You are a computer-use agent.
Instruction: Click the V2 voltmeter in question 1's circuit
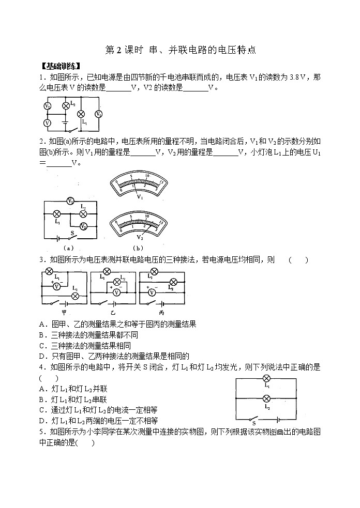tap(47, 105)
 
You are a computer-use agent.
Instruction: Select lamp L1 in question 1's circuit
tap(81, 114)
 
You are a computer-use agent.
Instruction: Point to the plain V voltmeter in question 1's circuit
tap(47, 123)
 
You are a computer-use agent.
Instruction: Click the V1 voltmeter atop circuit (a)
tap(71, 201)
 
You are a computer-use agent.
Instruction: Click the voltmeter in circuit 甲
tap(58, 285)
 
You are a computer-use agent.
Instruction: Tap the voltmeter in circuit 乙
tap(116, 292)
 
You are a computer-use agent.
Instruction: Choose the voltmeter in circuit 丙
tap(152, 292)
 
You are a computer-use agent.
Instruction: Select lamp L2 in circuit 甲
tap(74, 296)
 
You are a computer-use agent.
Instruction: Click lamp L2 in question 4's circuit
tap(266, 399)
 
